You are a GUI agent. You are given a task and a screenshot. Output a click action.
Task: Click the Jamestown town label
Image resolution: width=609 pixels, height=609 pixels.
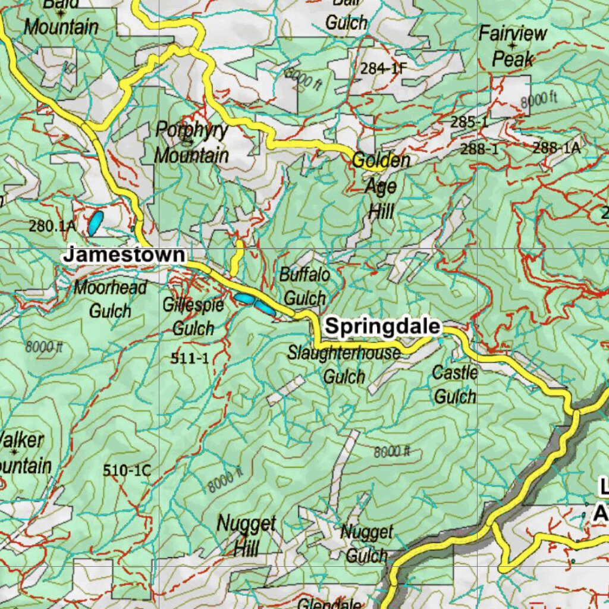(124, 255)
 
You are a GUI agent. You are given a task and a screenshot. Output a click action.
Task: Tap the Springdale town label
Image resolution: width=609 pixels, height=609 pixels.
(383, 327)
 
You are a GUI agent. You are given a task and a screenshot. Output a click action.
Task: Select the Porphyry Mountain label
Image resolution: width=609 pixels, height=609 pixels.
(192, 143)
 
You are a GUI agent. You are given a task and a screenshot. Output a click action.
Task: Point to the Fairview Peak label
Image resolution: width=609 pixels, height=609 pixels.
(513, 46)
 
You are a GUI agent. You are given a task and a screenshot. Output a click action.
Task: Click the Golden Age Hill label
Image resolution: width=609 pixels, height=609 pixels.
(381, 185)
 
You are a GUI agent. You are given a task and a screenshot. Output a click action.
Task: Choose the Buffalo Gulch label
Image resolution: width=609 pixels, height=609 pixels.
(304, 286)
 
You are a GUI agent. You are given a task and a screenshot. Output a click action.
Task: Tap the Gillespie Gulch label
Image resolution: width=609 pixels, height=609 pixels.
(193, 316)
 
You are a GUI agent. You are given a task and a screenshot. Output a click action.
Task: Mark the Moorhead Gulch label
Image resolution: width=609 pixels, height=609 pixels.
(110, 299)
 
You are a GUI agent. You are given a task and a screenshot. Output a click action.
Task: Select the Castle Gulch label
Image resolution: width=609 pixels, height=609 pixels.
(455, 384)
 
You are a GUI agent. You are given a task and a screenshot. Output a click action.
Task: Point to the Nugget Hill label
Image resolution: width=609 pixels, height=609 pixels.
(246, 535)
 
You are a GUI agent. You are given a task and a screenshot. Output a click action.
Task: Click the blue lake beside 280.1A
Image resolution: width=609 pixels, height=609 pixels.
(95, 222)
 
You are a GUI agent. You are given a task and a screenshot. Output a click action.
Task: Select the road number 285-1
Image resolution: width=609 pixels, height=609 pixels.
(469, 123)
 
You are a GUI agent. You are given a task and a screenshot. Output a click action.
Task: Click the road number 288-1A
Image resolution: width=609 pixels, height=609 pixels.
(556, 148)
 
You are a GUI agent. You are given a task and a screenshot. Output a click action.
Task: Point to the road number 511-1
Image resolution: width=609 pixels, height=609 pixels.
(189, 358)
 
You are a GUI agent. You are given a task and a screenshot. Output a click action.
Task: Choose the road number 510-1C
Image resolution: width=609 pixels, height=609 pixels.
(127, 470)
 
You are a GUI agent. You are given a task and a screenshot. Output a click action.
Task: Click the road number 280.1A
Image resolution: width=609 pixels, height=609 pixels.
(52, 226)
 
